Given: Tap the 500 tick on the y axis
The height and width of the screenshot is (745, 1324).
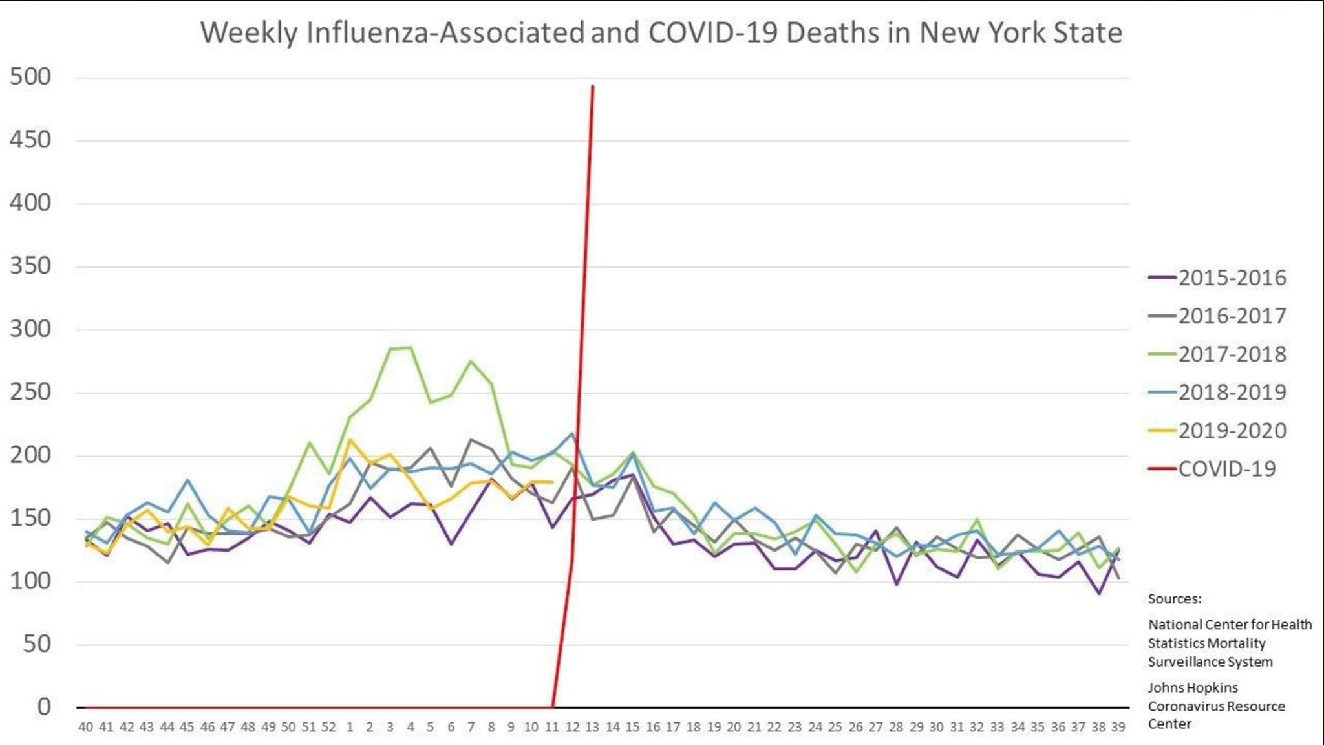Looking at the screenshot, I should click(30, 77).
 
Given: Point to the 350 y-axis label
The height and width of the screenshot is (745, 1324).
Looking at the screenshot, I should click(30, 266).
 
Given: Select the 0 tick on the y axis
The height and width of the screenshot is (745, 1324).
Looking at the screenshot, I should click(44, 706).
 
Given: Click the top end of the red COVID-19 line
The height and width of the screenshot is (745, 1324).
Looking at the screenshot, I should click(593, 86).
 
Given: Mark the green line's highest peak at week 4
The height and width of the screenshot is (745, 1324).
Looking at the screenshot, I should click(411, 348).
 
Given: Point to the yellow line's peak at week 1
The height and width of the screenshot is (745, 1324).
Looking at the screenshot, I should click(350, 440).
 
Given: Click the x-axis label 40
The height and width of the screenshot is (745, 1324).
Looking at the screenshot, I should click(85, 727).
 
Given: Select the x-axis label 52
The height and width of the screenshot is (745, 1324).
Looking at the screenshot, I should click(329, 727).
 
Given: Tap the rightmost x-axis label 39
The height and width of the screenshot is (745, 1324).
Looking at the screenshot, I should click(1118, 727).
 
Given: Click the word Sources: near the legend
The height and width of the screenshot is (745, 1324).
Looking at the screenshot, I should click(1175, 599).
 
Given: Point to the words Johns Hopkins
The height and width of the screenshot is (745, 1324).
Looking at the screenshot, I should click(1193, 687).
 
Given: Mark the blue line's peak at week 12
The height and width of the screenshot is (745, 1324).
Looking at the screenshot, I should click(572, 434).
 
